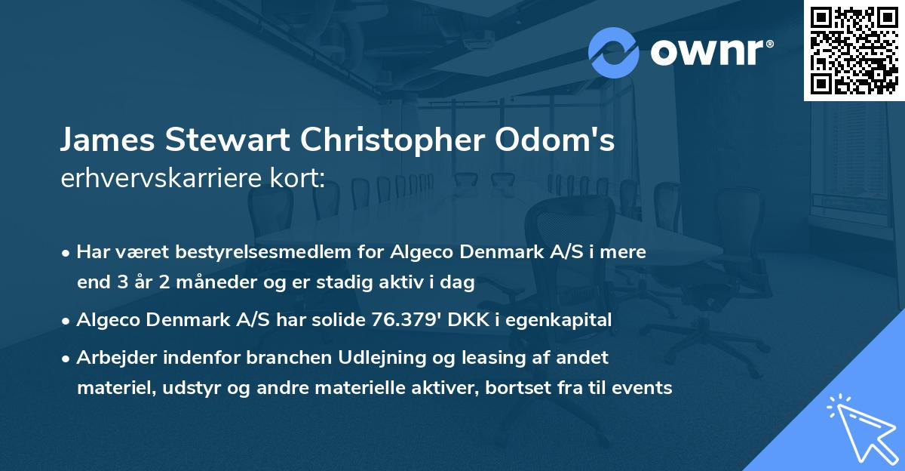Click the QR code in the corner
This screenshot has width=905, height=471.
click(853, 50)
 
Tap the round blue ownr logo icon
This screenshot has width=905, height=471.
click(613, 52)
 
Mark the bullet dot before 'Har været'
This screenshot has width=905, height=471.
click(68, 253)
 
